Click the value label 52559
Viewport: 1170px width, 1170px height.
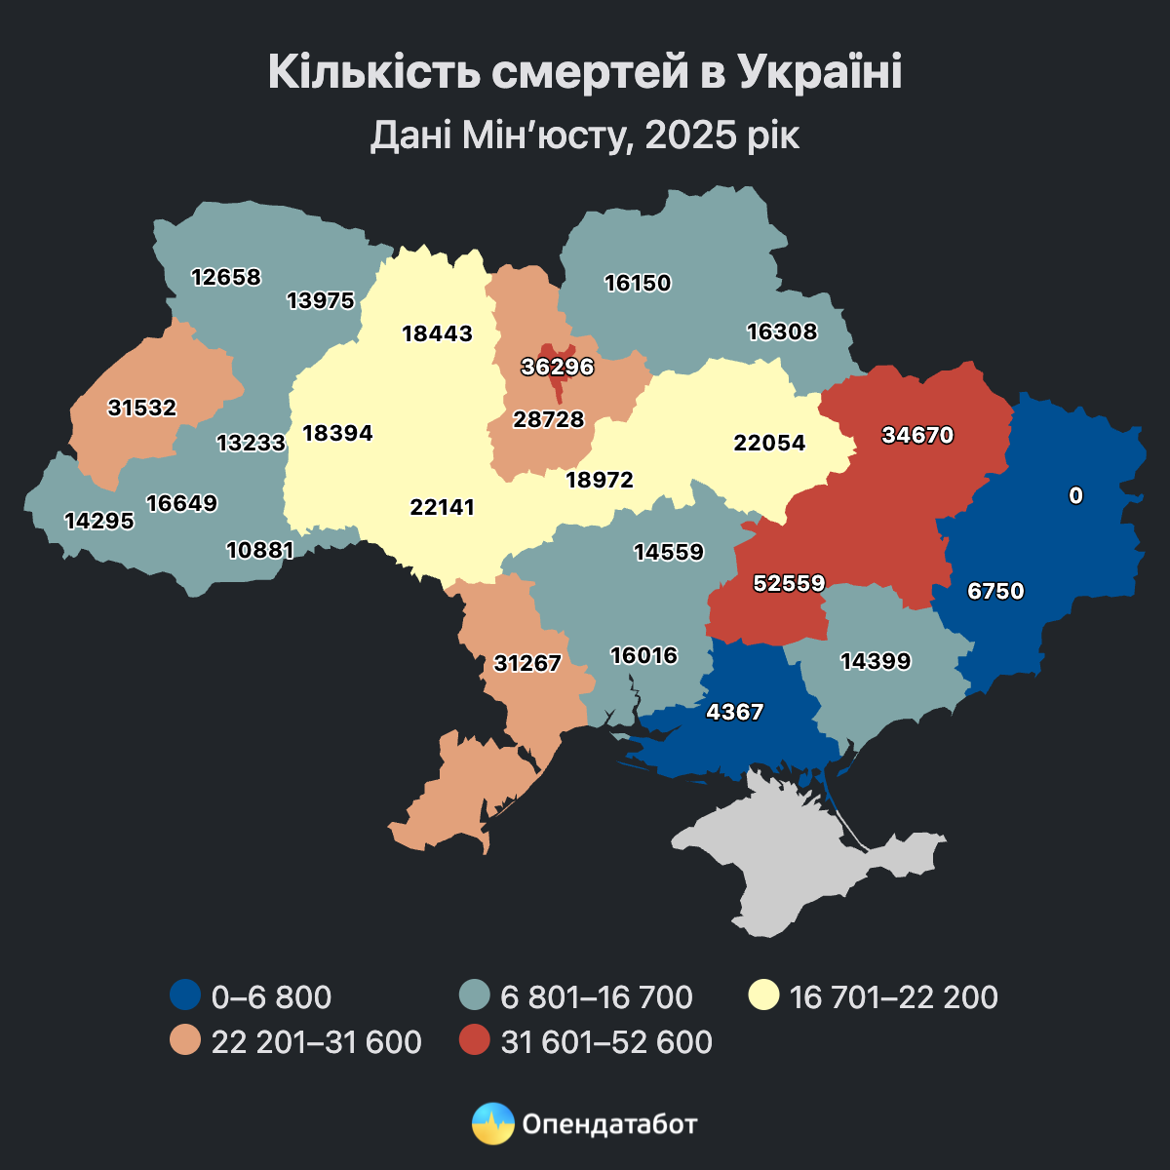(x=790, y=583)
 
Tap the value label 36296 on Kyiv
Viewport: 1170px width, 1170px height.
(x=558, y=368)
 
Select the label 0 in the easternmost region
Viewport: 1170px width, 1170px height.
(x=1075, y=495)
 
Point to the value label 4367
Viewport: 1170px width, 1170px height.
(x=735, y=712)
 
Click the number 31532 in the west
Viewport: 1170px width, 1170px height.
(x=142, y=408)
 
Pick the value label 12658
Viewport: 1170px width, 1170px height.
(x=226, y=277)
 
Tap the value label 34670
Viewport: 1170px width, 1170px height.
(x=917, y=435)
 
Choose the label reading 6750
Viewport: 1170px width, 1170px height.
(x=996, y=591)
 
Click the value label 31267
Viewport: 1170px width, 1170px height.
(x=527, y=663)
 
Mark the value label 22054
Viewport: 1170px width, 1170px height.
(x=770, y=443)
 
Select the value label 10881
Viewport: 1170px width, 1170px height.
(x=259, y=550)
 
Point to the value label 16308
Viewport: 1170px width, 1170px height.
(x=782, y=331)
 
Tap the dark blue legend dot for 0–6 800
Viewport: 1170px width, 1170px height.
(x=185, y=996)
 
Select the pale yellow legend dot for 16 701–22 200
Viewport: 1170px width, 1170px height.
(x=763, y=996)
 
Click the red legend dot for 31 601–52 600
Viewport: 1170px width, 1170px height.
(x=474, y=1041)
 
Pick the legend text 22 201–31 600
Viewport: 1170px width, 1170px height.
(x=317, y=1041)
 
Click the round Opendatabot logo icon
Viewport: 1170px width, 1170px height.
(x=492, y=1123)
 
